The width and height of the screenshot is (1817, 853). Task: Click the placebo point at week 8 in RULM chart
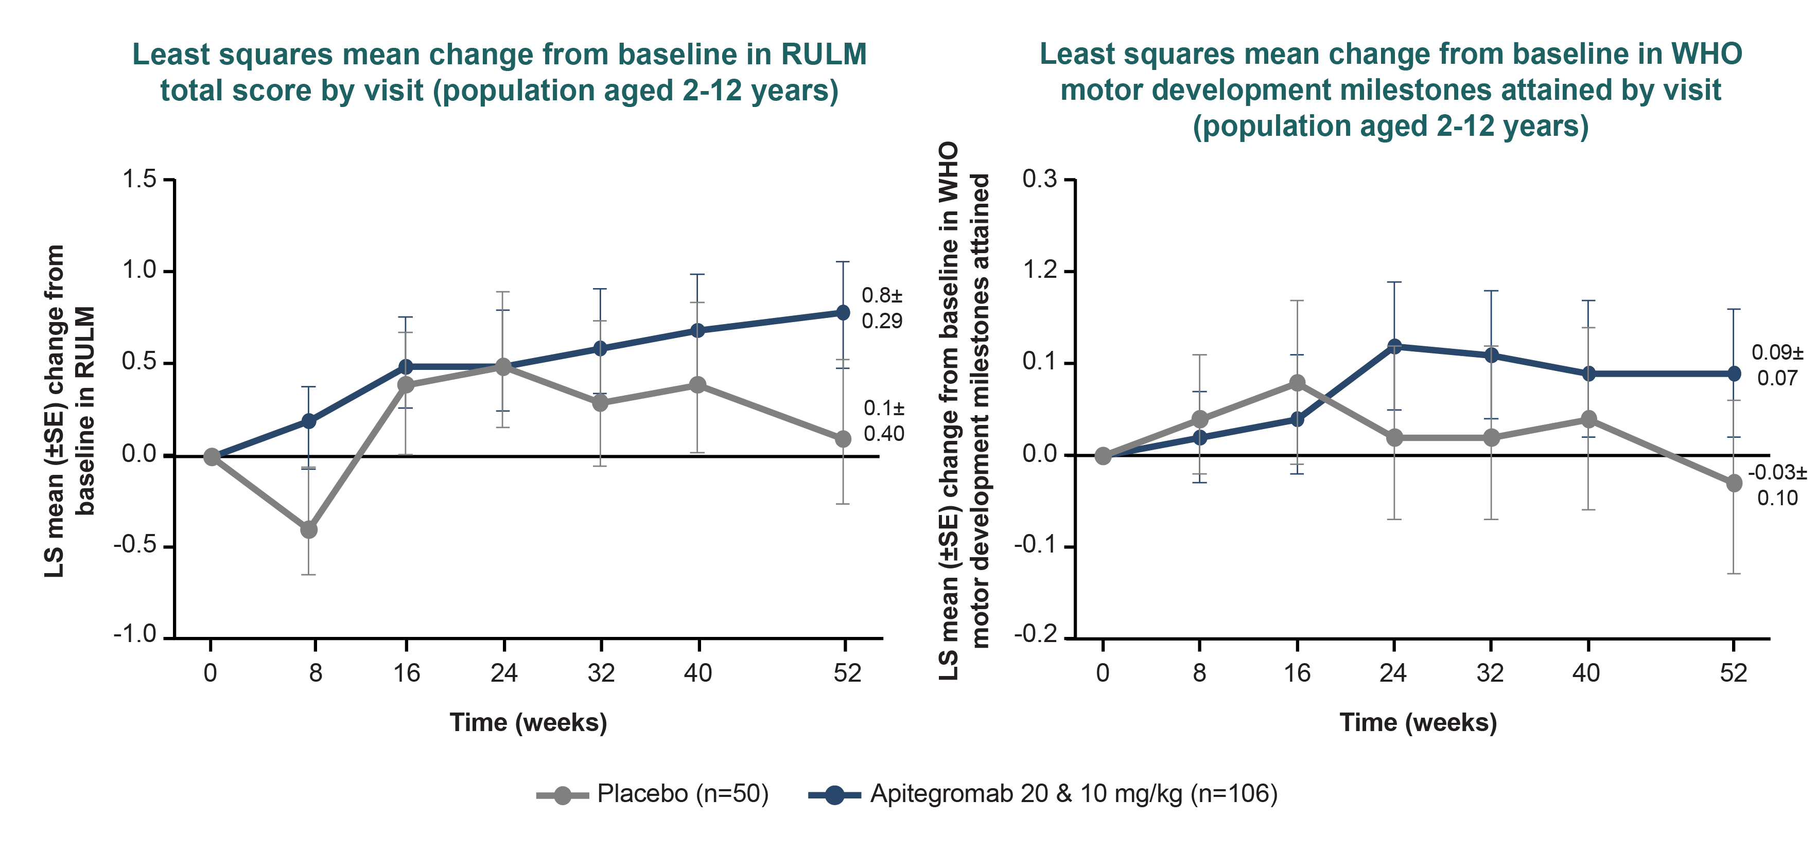click(x=308, y=529)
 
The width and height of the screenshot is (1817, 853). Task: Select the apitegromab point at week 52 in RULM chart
click(x=843, y=312)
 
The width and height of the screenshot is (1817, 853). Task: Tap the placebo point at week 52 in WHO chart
click(x=1734, y=484)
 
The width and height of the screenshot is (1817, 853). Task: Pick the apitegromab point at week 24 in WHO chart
click(x=1394, y=347)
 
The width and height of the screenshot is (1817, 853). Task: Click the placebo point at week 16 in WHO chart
click(x=1297, y=383)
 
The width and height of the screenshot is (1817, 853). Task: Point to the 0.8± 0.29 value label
click(x=882, y=308)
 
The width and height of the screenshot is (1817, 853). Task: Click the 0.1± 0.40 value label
click(x=884, y=421)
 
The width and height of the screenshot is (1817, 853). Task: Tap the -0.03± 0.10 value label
click(x=1777, y=485)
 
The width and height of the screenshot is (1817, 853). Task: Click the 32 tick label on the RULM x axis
click(x=601, y=673)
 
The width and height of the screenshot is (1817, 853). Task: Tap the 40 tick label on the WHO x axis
click(x=1586, y=673)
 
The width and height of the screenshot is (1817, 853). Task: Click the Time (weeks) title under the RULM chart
click(x=528, y=723)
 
